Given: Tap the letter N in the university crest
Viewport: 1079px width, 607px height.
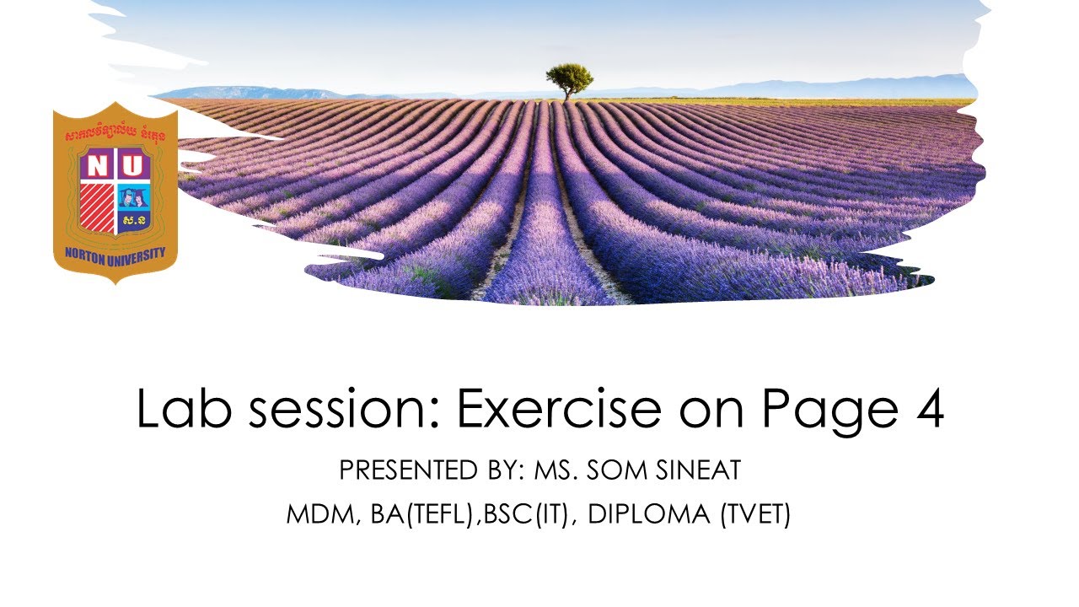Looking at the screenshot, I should (x=99, y=166).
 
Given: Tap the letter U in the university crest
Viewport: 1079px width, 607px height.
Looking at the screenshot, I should (x=133, y=166).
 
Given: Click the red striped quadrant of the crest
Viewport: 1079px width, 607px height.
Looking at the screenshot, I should (x=99, y=208).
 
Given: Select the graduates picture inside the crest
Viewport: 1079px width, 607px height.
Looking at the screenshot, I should (x=133, y=196).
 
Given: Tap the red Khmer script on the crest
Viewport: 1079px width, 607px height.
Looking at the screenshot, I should (x=115, y=134).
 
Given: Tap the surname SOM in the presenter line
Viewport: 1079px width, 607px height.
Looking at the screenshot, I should (x=617, y=470).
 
